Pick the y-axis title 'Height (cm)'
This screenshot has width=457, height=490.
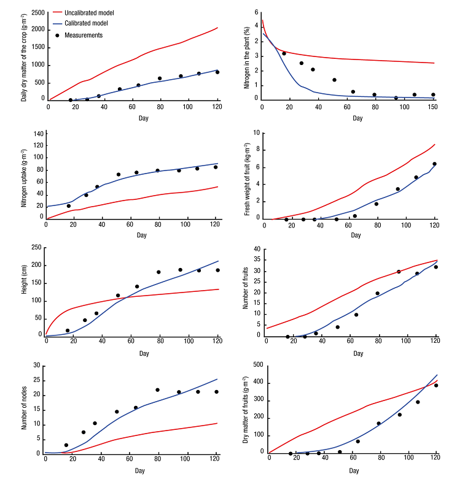click(x=25, y=292)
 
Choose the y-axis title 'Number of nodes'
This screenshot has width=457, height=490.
click(x=25, y=410)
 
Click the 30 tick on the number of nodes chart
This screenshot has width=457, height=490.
click(x=36, y=366)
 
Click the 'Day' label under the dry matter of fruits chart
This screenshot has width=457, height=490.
click(x=354, y=470)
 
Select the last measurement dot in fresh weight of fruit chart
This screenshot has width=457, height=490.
click(x=434, y=164)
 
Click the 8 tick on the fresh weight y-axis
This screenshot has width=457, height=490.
click(x=260, y=150)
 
